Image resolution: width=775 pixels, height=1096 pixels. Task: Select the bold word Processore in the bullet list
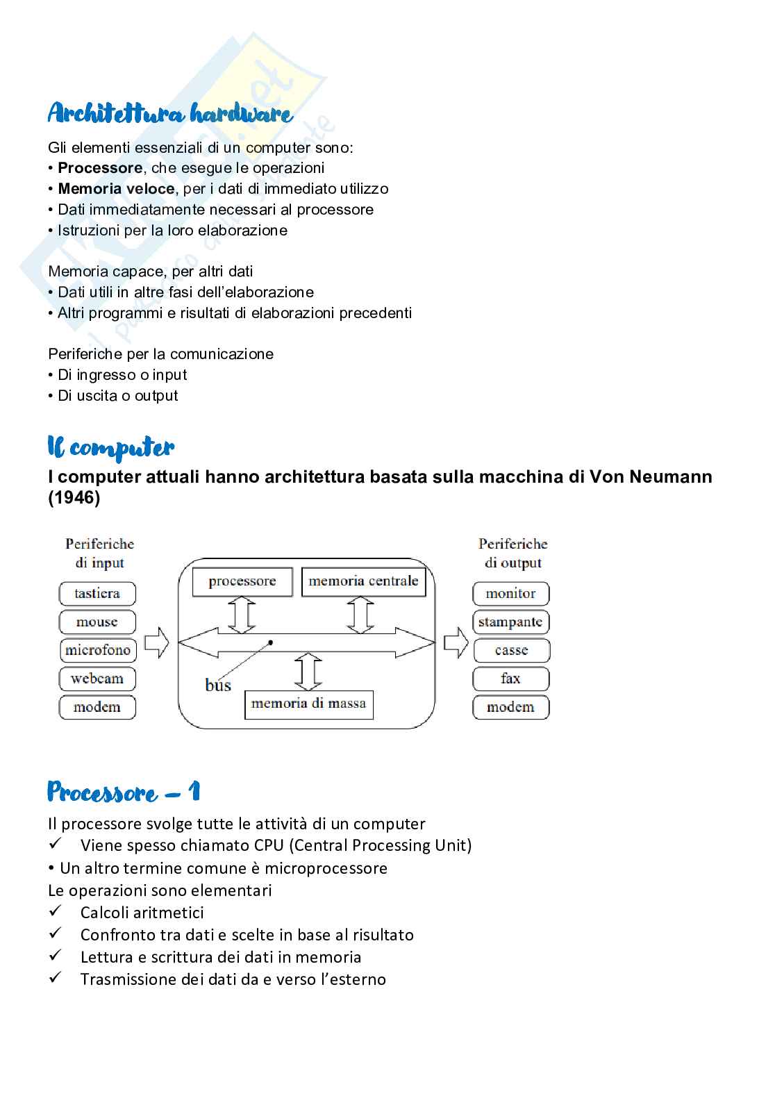point(100,168)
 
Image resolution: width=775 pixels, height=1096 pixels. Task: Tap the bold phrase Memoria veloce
point(116,189)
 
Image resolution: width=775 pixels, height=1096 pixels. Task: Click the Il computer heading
point(111,448)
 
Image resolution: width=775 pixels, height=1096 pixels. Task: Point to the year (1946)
point(74,499)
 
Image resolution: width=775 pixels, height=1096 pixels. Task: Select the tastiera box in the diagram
point(97,594)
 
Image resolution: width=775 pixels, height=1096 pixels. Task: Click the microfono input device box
point(98,651)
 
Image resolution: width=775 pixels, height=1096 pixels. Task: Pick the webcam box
point(97,679)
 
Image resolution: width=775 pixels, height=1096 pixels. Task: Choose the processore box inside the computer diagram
point(242,581)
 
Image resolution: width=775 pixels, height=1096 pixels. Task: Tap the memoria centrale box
point(363,581)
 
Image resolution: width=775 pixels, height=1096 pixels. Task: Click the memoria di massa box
point(308,704)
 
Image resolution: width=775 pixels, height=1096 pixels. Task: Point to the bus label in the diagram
point(218,686)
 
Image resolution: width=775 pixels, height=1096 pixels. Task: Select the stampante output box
point(510,622)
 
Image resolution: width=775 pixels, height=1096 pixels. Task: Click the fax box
point(510,679)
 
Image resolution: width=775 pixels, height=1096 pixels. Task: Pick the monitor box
point(510,594)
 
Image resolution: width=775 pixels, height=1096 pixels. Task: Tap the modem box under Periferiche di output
point(510,707)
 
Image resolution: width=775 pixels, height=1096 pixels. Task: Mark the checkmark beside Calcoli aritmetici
point(56,911)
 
